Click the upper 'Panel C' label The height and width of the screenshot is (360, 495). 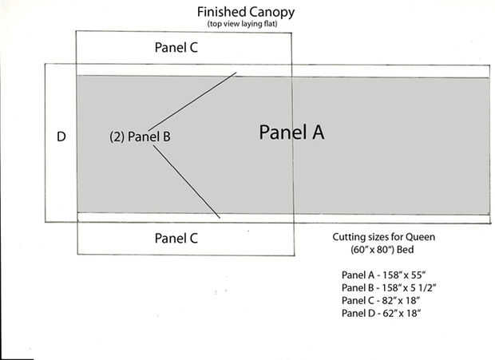[176, 47]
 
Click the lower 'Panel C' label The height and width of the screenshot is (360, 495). [176, 238]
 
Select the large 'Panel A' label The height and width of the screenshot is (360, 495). [291, 133]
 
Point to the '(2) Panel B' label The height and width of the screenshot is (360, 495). [140, 136]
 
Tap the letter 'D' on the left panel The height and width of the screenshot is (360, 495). [61, 136]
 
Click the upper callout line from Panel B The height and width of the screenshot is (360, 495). [192, 103]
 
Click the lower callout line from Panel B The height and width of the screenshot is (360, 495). [185, 179]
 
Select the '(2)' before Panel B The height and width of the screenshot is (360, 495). [116, 136]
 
